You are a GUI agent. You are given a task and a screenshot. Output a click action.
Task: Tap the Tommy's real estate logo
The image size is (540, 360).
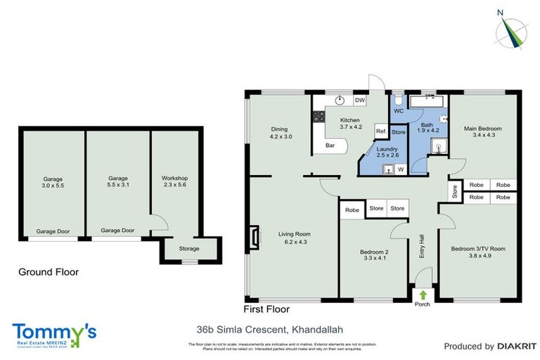pyautogui.click(x=54, y=333)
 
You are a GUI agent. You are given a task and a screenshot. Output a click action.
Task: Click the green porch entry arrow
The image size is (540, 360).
pyautogui.click(x=423, y=295)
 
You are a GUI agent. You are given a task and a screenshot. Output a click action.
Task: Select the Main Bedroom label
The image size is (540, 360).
pyautogui.click(x=482, y=132)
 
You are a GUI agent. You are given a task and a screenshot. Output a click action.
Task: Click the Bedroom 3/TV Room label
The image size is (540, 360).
pyautogui.click(x=478, y=252)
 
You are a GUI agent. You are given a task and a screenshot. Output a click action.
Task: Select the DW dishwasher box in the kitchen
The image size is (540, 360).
pyautogui.click(x=359, y=101)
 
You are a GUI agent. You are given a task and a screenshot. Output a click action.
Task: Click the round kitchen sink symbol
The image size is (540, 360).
pyautogui.click(x=339, y=101)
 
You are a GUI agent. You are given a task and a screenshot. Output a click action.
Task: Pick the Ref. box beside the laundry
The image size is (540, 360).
pyautogui.click(x=380, y=131)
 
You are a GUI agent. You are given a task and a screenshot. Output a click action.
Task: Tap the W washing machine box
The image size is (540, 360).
pyautogui.click(x=400, y=169)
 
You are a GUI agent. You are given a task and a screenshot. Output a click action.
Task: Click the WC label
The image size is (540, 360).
pyautogui.click(x=397, y=111)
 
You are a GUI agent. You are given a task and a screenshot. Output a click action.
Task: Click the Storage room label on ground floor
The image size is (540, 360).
pyautogui.click(x=188, y=249)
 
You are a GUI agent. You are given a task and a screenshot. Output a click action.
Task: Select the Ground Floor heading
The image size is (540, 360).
pyautogui.click(x=49, y=272)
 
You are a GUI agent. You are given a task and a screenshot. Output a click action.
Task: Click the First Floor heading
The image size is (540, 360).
pyautogui.click(x=266, y=308)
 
